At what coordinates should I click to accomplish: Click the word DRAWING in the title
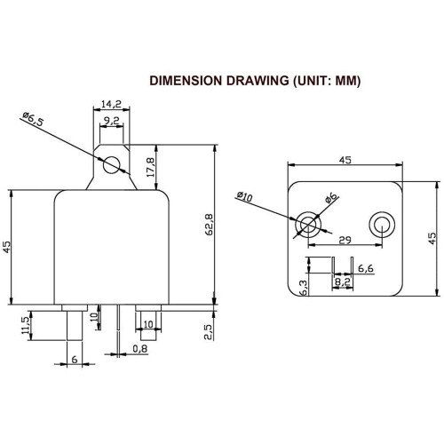tap(258, 81)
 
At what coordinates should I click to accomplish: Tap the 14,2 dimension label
tap(111, 104)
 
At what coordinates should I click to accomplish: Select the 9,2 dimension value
tap(111, 121)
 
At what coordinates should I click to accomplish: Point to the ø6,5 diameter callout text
tap(33, 119)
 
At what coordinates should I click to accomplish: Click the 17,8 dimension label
tap(151, 167)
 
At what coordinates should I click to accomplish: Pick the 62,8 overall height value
tap(210, 225)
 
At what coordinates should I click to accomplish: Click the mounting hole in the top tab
tap(112, 165)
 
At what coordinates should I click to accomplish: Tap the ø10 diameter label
tap(245, 197)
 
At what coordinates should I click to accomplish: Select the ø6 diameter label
tap(330, 198)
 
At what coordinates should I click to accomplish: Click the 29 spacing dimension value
tap(345, 240)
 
